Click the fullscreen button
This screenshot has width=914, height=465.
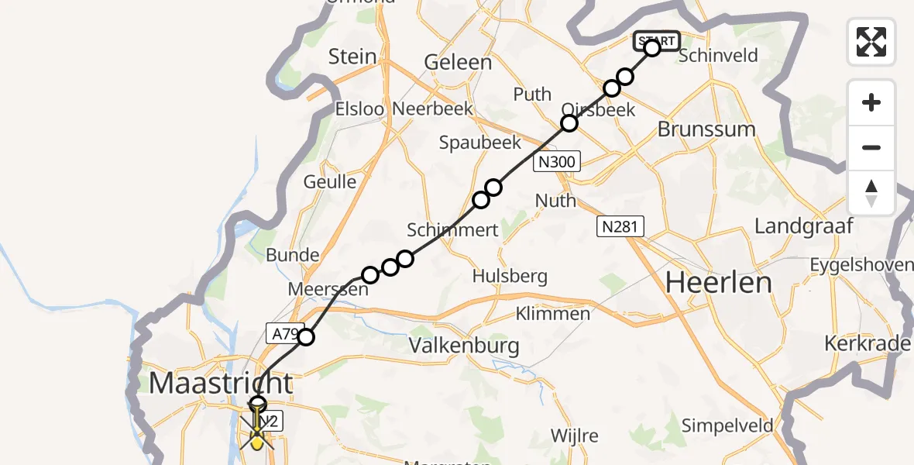pyautogui.click(x=871, y=41)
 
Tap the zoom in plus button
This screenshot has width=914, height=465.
pyautogui.click(x=871, y=102)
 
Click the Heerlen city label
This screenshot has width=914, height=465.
pyautogui.click(x=719, y=283)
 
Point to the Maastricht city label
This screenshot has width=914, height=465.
pyautogui.click(x=221, y=383)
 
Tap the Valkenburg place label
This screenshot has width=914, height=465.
pyautogui.click(x=464, y=344)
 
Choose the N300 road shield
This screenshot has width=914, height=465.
pyautogui.click(x=556, y=162)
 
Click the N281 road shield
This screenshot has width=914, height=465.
pyautogui.click(x=620, y=226)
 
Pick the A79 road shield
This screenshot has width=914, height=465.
pyautogui.click(x=285, y=332)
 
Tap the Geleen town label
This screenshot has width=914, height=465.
pyautogui.click(x=458, y=63)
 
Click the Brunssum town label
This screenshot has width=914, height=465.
pyautogui.click(x=706, y=129)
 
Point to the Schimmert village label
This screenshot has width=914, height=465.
pyautogui.click(x=452, y=229)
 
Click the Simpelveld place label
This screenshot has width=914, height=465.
pyautogui.click(x=727, y=425)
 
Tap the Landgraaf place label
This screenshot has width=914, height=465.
pyautogui.click(x=803, y=226)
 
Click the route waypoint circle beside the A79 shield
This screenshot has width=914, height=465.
pyautogui.click(x=307, y=336)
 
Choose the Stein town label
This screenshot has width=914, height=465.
pyautogui.click(x=352, y=57)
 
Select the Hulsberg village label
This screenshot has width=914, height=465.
pyautogui.click(x=510, y=276)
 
